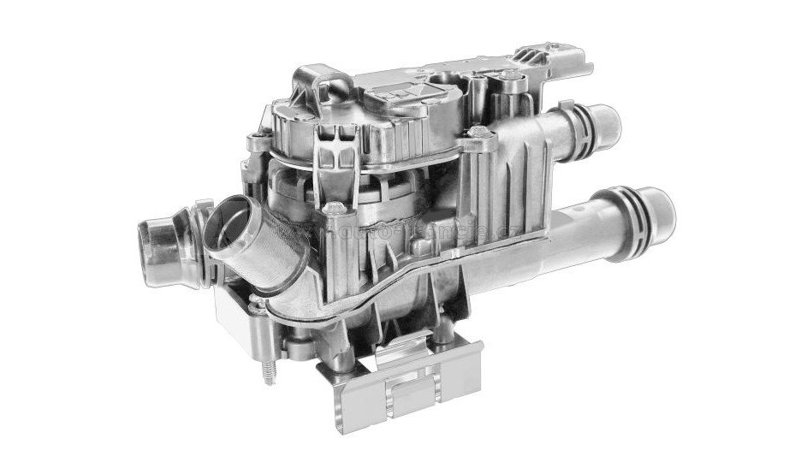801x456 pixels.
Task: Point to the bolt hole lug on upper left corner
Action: (x=253, y=139)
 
